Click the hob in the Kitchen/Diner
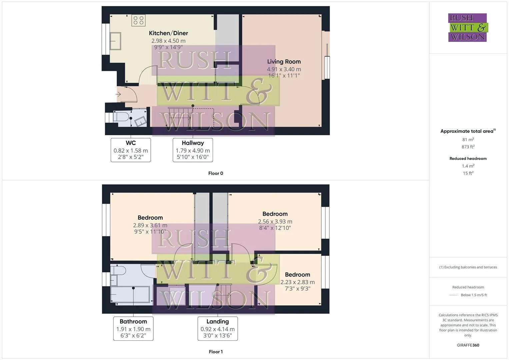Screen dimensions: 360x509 click(x=138, y=20)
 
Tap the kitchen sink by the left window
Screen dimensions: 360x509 click(x=115, y=41)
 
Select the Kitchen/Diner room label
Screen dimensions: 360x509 click(x=168, y=33)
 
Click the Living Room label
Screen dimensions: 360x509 click(x=284, y=62)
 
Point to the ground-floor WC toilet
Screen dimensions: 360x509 click(x=121, y=117)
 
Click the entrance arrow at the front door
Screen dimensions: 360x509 click(x=118, y=95)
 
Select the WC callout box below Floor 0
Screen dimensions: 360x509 click(x=131, y=150)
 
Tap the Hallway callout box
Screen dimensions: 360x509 click(x=193, y=150)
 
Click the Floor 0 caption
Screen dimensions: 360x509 click(x=216, y=173)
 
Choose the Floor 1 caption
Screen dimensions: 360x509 click(x=216, y=352)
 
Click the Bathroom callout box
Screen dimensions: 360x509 click(x=133, y=328)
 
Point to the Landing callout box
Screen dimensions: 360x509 click(x=218, y=328)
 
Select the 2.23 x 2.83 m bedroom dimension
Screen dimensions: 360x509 click(x=298, y=282)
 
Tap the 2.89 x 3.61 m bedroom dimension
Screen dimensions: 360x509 click(x=150, y=225)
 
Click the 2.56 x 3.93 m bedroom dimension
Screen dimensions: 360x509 click(x=275, y=222)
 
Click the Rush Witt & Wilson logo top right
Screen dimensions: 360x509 click(x=468, y=28)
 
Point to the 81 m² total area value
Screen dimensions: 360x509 click(x=468, y=140)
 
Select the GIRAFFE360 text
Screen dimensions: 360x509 click(x=468, y=345)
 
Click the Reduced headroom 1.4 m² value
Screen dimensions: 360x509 click(x=468, y=166)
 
